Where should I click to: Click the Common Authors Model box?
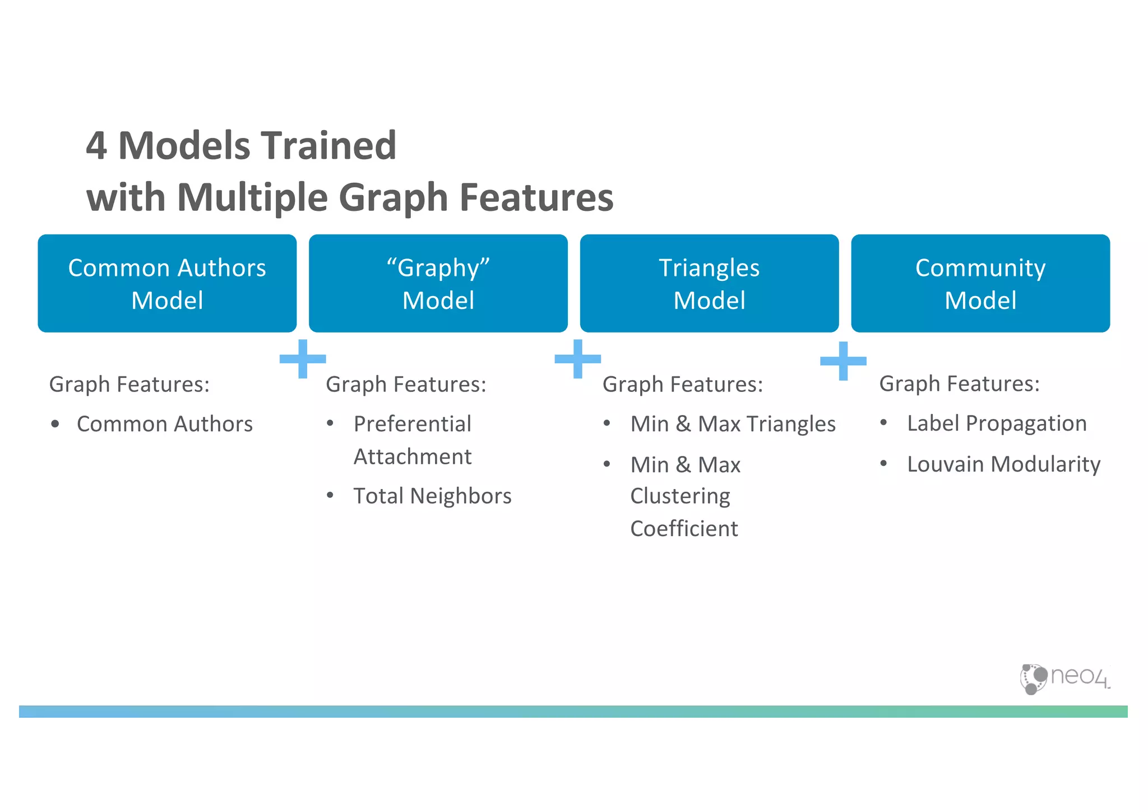(167, 283)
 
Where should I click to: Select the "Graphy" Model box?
(438, 283)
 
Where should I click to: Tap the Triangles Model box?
(709, 283)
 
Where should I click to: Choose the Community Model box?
(980, 283)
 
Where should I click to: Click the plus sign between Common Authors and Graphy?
(303, 358)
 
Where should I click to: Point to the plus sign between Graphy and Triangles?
(577, 358)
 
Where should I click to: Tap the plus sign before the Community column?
(843, 361)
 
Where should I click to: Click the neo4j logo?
(1064, 678)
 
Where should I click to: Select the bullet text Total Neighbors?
(432, 496)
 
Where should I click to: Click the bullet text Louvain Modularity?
(1003, 464)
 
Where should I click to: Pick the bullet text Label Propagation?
(997, 423)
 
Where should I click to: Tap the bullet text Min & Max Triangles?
(733, 424)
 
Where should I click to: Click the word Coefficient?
(684, 529)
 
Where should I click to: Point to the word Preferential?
(412, 424)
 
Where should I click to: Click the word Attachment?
(412, 456)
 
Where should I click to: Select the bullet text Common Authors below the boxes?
(164, 424)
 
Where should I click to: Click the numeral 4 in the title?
(96, 146)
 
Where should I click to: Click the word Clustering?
(680, 496)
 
